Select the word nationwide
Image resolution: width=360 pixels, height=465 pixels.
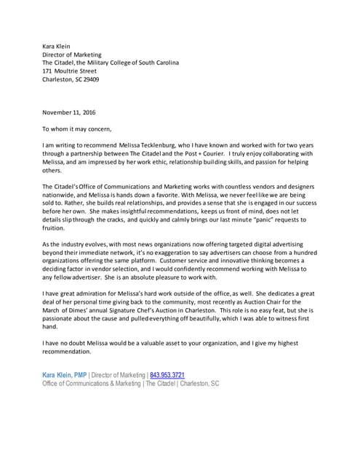click(x=61, y=195)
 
